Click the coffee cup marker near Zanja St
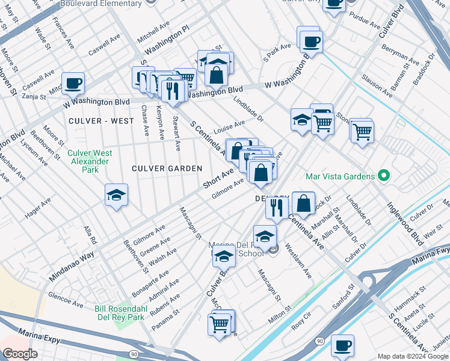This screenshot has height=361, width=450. [73, 83]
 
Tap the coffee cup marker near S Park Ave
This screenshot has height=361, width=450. [311, 42]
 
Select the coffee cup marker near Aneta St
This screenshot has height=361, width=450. [342, 345]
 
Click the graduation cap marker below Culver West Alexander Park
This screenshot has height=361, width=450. [117, 195]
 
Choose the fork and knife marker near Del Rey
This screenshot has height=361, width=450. [277, 208]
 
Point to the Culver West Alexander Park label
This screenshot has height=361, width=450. [88, 161]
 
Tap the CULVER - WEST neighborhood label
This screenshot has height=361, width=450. [101, 121]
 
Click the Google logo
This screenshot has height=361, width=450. [20, 353]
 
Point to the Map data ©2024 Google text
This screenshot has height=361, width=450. [413, 356]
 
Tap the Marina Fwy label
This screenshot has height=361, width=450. [428, 259]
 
